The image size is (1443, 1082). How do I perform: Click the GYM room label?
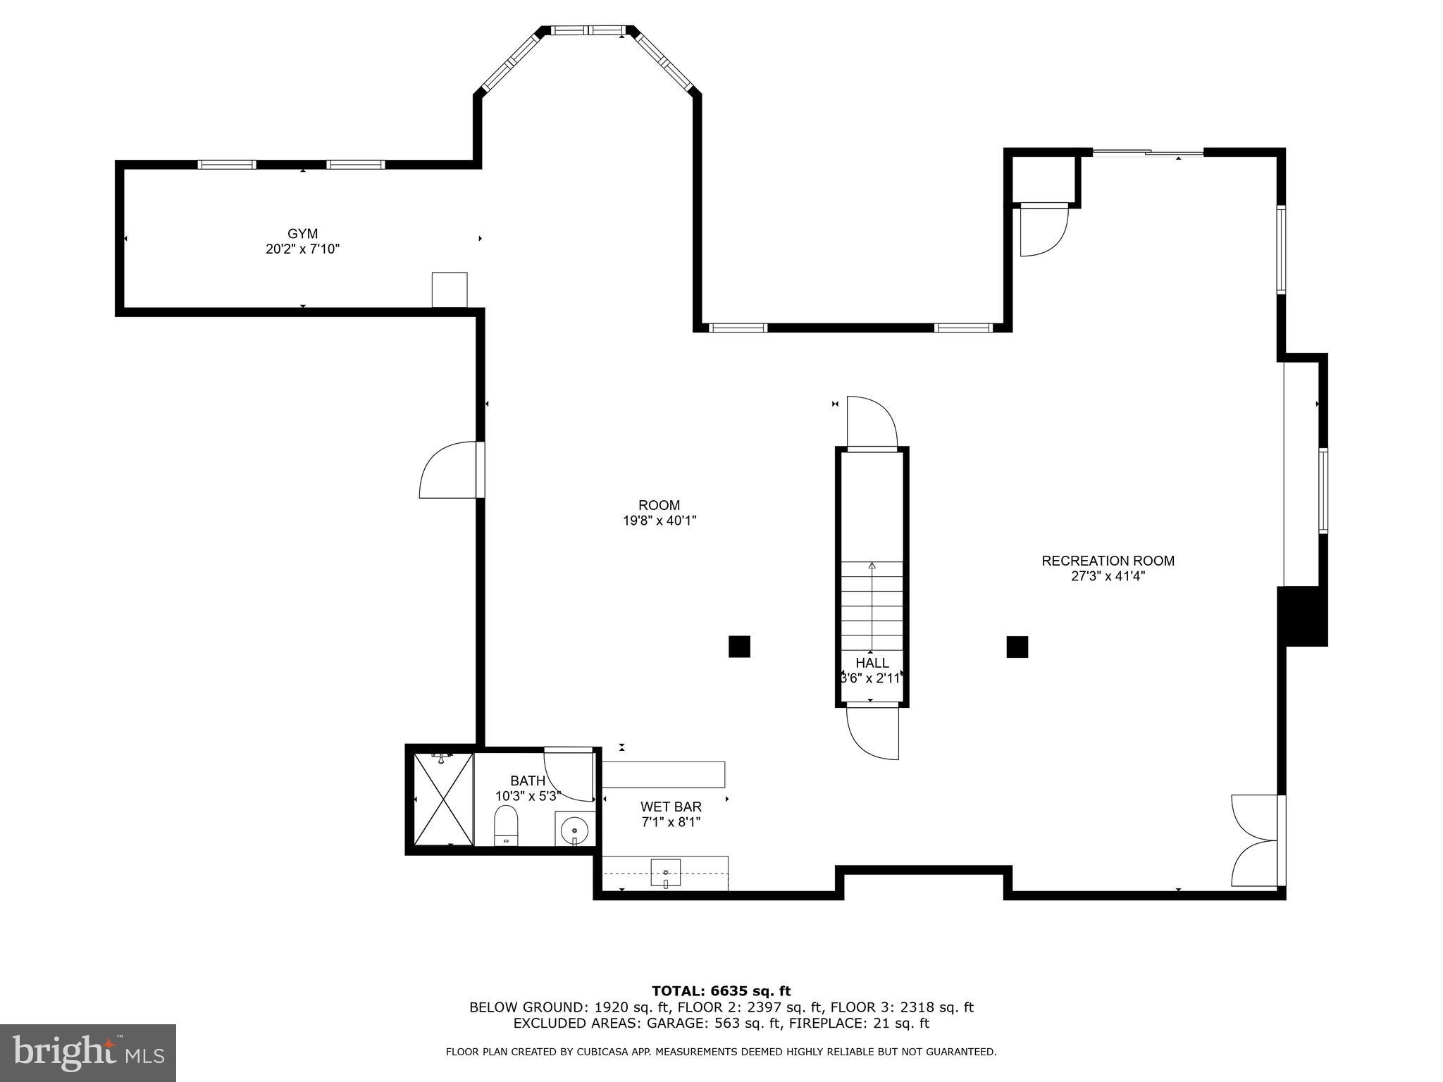[302, 234]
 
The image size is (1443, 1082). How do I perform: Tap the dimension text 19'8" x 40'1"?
[659, 521]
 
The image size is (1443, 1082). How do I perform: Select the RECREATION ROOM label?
[1108, 561]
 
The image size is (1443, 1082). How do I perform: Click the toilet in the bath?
[506, 826]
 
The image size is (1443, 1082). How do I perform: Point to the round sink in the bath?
[574, 830]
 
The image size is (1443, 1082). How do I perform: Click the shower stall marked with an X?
[443, 799]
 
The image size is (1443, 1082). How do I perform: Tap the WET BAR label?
[671, 807]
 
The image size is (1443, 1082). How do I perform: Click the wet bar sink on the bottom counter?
[665, 873]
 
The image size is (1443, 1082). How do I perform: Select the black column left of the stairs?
[739, 646]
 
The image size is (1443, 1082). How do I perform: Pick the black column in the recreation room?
[1017, 646]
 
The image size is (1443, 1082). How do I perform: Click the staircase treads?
[872, 606]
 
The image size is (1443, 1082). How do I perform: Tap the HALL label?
[872, 663]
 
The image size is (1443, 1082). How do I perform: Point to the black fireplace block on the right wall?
[1302, 616]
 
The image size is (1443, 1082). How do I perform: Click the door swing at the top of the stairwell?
[872, 423]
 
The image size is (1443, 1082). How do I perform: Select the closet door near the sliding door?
[1043, 229]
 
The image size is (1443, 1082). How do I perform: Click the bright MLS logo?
[87, 1053]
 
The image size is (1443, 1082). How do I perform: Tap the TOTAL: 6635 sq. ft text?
[721, 991]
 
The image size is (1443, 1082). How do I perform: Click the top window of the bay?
[589, 30]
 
